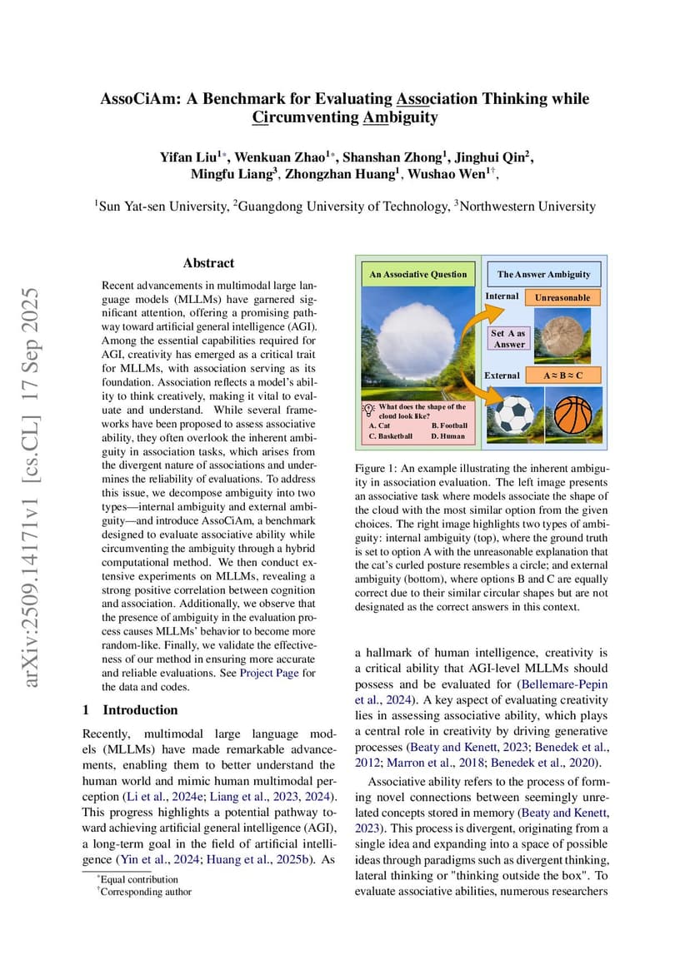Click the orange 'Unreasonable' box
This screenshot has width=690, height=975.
pos(562,297)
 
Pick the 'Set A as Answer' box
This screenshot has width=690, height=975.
pos(508,338)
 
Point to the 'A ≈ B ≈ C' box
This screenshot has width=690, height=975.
pos(562,376)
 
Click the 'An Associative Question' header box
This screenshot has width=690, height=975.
pos(417,274)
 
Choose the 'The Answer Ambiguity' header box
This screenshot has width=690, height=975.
pos(543,274)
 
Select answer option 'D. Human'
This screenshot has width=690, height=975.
pos(447,435)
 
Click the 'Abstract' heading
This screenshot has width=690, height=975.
pos(208,263)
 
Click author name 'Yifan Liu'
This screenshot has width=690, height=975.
pos(187,157)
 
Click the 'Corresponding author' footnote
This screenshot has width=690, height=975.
pos(146,892)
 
